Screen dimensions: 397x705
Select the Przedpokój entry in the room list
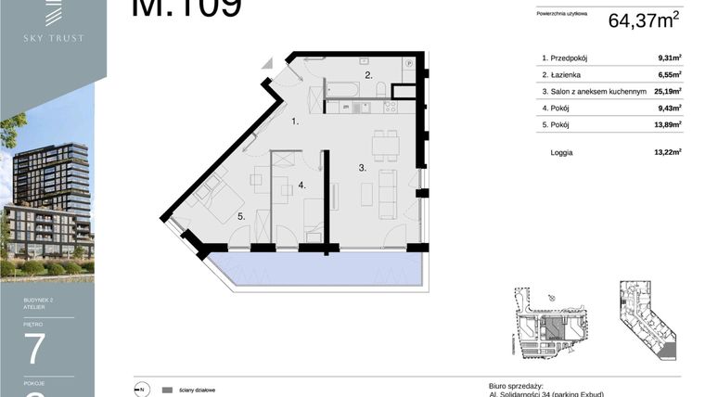coord(570,58)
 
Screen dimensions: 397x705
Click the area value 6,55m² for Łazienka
coord(669,74)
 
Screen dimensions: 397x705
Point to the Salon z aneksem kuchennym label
coord(594,91)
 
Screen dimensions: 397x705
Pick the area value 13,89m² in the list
coord(668,123)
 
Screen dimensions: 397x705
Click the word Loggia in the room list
coord(562,151)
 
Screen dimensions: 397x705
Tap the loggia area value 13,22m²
coord(668,151)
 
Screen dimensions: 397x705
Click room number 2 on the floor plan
coord(368,75)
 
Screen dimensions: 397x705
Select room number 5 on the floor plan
coord(239,217)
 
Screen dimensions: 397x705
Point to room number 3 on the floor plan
coord(363,170)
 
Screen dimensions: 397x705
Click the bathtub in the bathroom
coord(344,90)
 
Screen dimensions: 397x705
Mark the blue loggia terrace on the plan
coord(315,269)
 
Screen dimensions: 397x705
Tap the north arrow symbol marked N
coord(142,390)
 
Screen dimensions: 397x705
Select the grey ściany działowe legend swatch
coord(167,390)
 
